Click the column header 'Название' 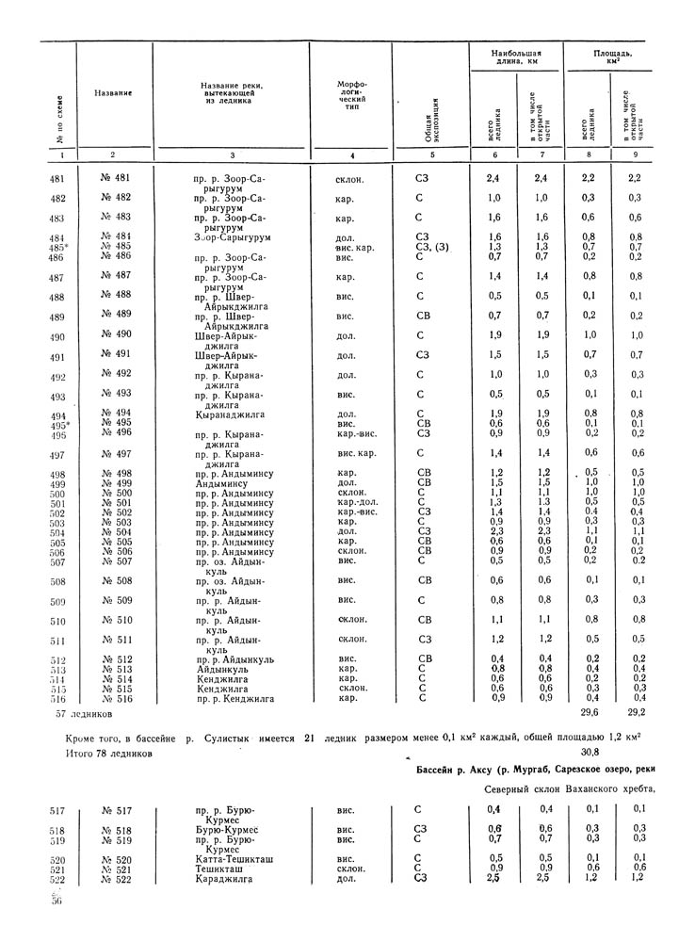click(x=113, y=93)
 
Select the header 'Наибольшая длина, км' click(x=522, y=58)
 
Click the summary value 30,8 click(x=590, y=752)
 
